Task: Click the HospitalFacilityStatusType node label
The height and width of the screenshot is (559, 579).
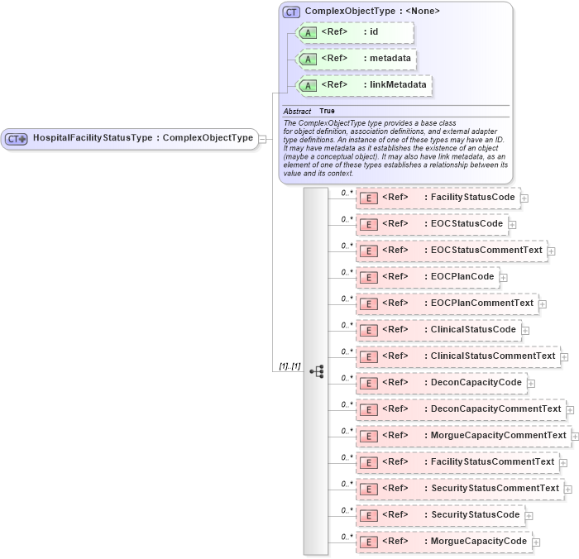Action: (x=142, y=138)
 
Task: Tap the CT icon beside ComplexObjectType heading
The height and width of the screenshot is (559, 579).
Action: (x=290, y=12)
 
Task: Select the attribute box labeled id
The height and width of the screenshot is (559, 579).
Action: (x=354, y=32)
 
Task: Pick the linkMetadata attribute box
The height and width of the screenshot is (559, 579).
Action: (x=365, y=84)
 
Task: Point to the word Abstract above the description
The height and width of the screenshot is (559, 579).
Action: (x=297, y=111)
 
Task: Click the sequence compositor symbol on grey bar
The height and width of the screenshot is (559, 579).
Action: (x=316, y=372)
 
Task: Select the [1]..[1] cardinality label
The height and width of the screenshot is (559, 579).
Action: (x=289, y=365)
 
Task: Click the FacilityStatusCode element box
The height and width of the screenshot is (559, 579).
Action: (x=437, y=198)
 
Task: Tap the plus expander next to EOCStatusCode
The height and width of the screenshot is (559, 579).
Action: (x=513, y=225)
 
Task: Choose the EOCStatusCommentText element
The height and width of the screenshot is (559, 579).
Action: (x=451, y=251)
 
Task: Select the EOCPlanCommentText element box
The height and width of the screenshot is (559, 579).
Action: (x=447, y=303)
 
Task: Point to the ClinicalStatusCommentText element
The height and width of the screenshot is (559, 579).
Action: (x=457, y=356)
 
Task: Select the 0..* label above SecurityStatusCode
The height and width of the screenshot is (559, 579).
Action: (x=347, y=510)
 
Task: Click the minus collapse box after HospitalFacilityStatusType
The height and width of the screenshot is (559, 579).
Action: (x=262, y=139)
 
